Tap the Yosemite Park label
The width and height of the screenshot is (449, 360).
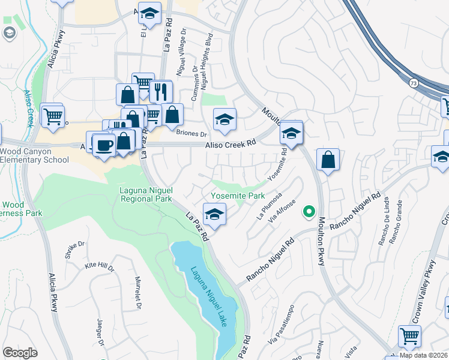tap(238, 196)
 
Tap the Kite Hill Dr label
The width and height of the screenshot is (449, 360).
tap(100, 266)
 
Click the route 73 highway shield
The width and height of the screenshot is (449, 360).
tap(414, 80)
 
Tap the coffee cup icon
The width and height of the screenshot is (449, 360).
tap(104, 145)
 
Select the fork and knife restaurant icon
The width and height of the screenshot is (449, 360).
tap(160, 91)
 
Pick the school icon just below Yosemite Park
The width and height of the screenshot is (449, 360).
tap(214, 214)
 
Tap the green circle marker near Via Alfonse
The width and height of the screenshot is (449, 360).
tap(309, 211)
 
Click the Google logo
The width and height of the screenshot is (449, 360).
tap(20, 353)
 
